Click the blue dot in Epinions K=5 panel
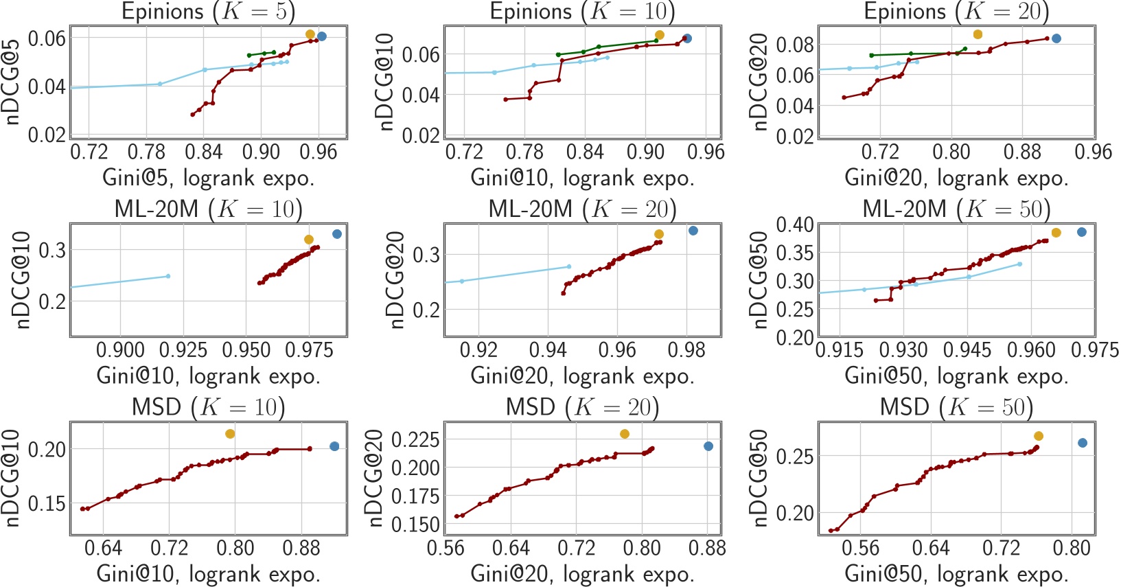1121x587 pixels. pos(322,36)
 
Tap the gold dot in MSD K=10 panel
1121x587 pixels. pos(230,434)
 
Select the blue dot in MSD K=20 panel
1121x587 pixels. pos(708,446)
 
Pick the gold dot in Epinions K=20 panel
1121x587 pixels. pos(978,34)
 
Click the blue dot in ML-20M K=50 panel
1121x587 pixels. pos(1082,232)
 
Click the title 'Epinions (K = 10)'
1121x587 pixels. pos(582,11)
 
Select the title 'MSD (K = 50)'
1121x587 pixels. pos(956,407)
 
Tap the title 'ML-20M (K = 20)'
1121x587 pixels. pos(582,209)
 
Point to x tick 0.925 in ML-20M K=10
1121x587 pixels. pos(183,350)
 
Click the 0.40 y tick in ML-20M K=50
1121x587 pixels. pos(794,225)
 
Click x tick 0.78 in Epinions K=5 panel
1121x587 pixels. pos(146,152)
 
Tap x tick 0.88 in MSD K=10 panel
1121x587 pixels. pos(301,548)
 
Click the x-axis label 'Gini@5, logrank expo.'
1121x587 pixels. pos(208,179)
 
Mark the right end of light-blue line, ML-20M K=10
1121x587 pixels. pos(168,276)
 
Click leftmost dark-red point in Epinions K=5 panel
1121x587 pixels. pos(192,115)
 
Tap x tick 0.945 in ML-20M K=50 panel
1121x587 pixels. pos(967,350)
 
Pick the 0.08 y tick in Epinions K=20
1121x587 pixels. pos(794,45)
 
